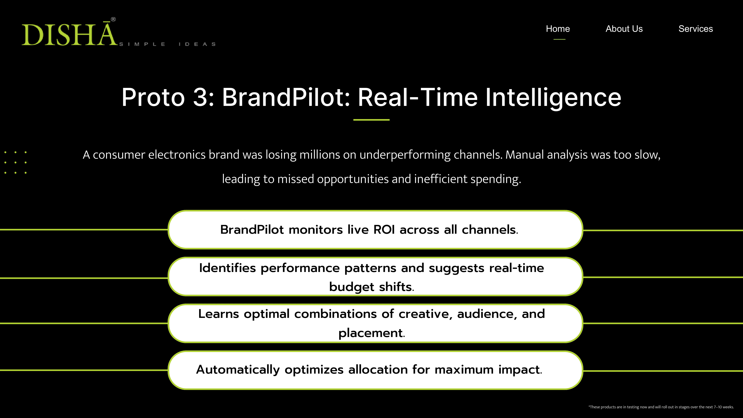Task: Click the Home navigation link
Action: [558, 29]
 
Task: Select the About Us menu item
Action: [624, 29]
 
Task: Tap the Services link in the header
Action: [695, 29]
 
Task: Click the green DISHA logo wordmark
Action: [69, 35]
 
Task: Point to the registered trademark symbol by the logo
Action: [113, 19]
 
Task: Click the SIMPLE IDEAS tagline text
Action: [167, 44]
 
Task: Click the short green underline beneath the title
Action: [371, 120]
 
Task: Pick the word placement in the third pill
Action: [370, 333]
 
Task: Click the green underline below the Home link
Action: [559, 39]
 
